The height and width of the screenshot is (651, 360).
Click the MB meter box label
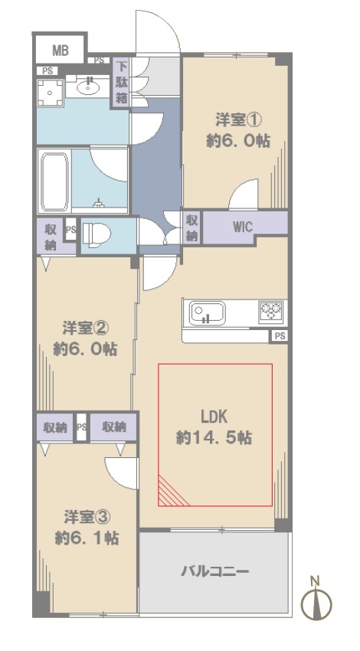tap(61, 51)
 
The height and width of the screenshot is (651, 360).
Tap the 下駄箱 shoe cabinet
tap(122, 82)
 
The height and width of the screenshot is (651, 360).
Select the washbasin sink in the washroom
tap(88, 87)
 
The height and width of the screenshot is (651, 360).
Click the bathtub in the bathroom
tap(54, 182)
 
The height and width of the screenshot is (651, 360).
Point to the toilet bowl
tap(96, 234)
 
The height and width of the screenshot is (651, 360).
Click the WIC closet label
tap(243, 227)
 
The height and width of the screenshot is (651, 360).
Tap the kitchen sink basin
tap(208, 313)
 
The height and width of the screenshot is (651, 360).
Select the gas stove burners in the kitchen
tap(270, 311)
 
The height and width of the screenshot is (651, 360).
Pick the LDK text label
tap(214, 417)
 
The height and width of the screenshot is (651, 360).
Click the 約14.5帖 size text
tap(214, 437)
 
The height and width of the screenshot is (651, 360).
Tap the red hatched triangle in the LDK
tap(170, 494)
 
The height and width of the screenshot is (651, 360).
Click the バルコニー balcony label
tap(215, 571)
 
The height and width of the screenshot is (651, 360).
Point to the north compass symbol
tap(316, 599)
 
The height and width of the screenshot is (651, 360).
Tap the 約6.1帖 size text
tap(87, 538)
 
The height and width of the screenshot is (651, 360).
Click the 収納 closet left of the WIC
tap(191, 227)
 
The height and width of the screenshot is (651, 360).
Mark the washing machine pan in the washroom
tap(51, 93)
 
